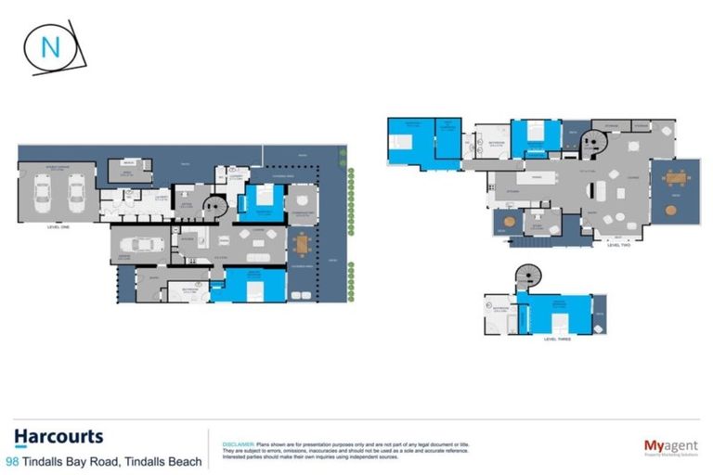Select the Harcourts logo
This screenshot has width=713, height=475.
58,437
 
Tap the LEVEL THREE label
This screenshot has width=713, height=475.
557,340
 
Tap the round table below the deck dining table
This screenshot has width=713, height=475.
671,211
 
